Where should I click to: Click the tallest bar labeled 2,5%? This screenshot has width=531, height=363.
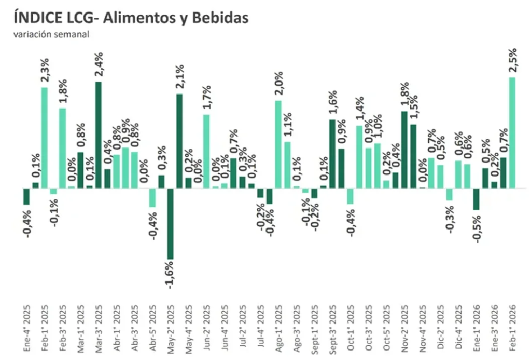512,132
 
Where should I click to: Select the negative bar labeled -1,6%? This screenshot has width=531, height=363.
170,223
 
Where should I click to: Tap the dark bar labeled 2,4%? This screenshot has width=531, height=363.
98,135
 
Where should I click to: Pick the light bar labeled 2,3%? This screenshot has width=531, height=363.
45,138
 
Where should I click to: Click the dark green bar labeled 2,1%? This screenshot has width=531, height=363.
179,141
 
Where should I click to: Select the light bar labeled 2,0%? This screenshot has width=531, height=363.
278,144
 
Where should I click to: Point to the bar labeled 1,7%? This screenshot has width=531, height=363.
206,151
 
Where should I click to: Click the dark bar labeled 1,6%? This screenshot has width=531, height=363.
332,153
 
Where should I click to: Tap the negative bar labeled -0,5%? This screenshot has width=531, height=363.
476,199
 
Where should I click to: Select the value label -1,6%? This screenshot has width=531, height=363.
170,276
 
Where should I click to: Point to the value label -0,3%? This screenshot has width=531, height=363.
449,219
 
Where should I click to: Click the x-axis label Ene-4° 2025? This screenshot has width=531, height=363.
26,327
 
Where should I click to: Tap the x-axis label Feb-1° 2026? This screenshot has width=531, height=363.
512,327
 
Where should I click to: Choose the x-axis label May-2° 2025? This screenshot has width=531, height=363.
170,327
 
